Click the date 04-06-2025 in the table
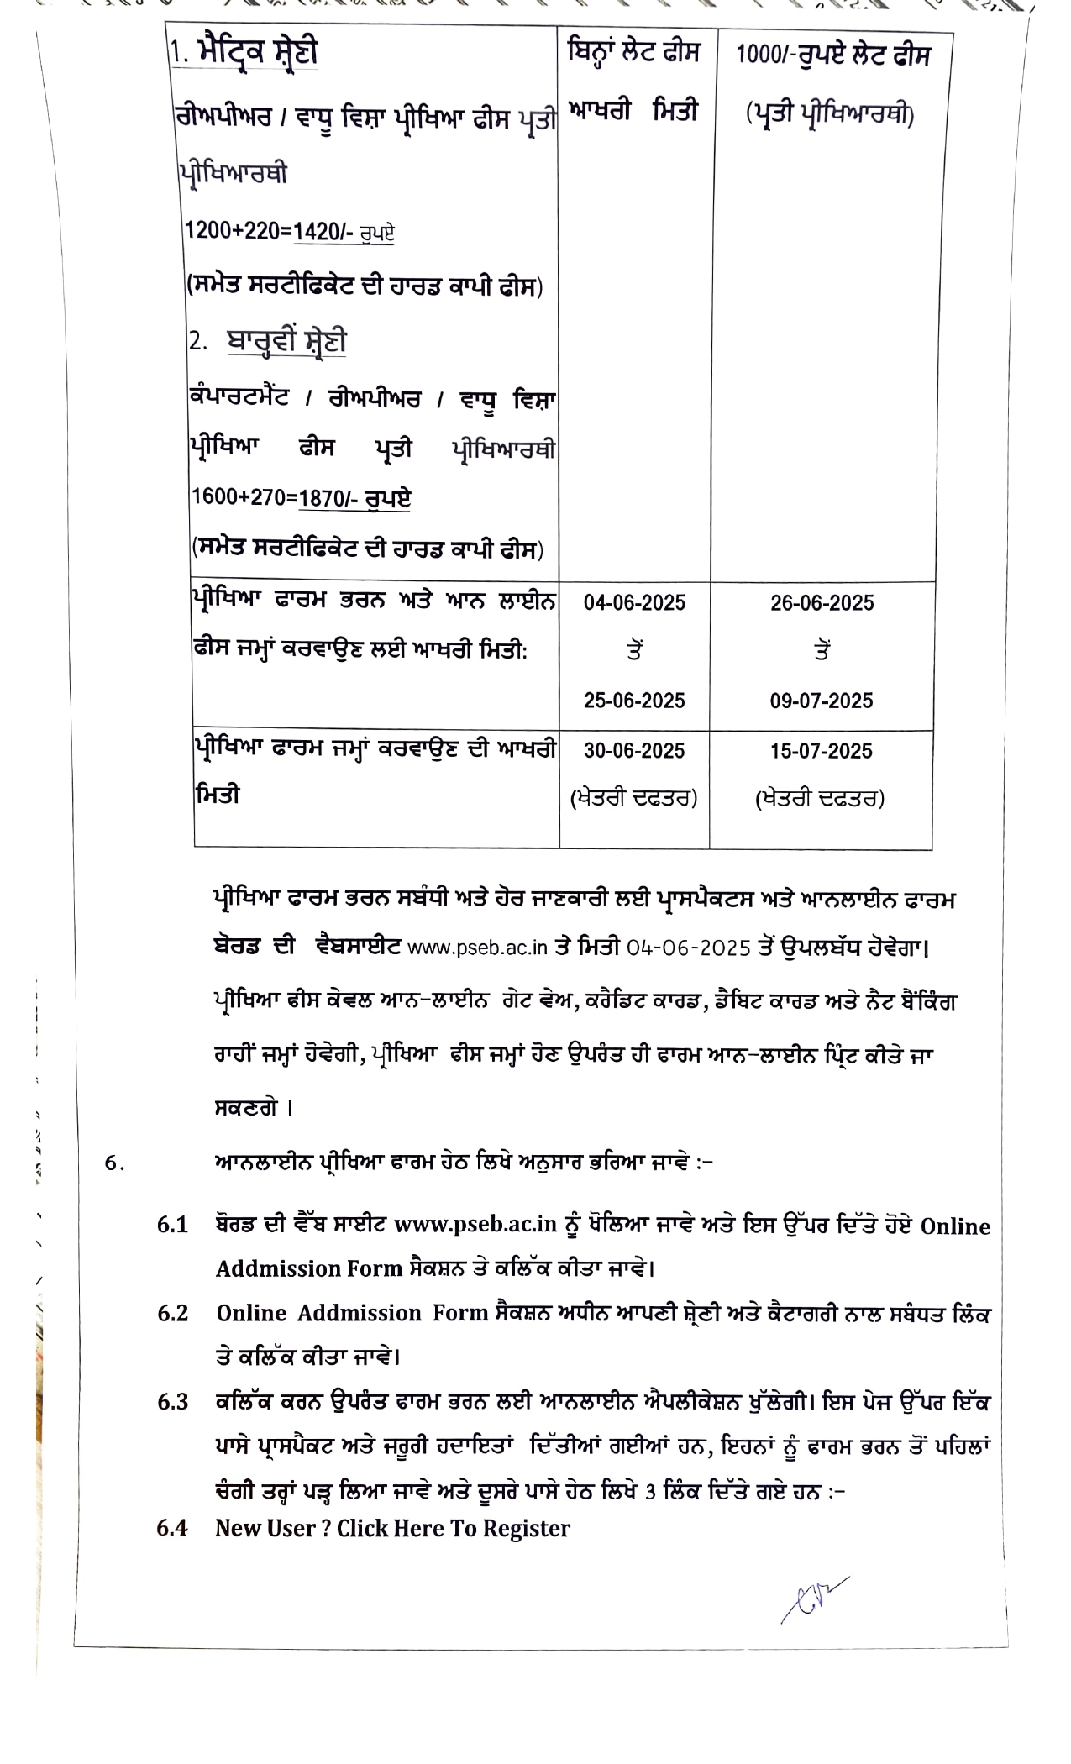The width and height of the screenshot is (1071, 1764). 634,603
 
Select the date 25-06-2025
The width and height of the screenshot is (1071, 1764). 634,701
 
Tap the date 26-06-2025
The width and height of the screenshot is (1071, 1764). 822,603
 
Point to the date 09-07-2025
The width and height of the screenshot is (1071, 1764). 822,701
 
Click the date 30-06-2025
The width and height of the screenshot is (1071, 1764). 634,751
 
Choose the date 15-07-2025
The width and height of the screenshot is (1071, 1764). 822,751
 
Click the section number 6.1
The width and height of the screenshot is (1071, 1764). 172,1225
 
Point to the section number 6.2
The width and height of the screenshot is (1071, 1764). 172,1313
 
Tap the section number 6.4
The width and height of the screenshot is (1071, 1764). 172,1527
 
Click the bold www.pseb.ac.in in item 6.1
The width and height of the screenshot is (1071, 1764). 475,1225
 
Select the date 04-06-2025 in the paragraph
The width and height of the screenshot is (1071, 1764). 688,948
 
